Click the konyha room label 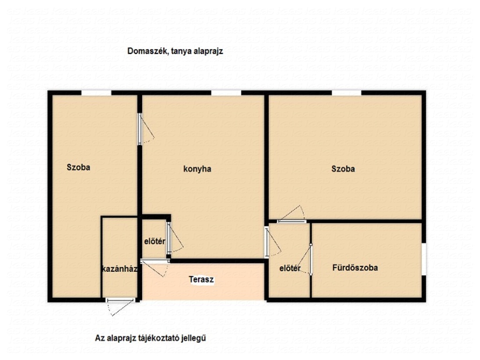pos(197,169)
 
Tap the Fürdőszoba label pos(355,268)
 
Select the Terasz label pos(201,279)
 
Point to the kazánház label pos(120,269)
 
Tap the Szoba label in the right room pos(343,169)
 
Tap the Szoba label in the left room pos(78,167)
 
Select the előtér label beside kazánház pos(155,241)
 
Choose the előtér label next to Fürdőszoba pos(290,269)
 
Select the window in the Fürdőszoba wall pos(424,259)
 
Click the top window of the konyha pos(226,93)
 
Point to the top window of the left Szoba pos(96,93)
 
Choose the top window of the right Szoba pos(346,93)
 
